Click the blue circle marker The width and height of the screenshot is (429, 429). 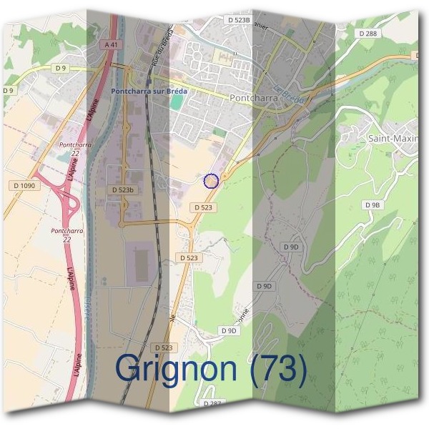[211, 181]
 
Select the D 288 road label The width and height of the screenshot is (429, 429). [368, 34]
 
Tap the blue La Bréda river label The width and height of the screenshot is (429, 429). [290, 97]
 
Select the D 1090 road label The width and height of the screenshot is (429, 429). [24, 186]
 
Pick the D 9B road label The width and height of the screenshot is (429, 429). [373, 204]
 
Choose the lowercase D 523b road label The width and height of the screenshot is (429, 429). [123, 190]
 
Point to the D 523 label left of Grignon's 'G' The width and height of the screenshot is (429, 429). [163, 347]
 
